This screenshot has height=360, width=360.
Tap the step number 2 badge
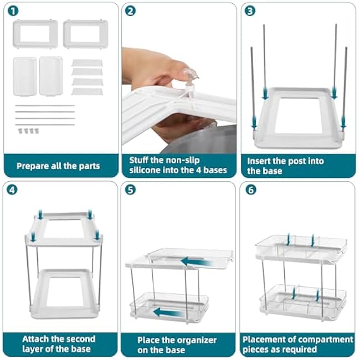[x=130, y=11]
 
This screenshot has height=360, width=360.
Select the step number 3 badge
[x=250, y=11]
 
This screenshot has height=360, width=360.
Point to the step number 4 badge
[x=12, y=189]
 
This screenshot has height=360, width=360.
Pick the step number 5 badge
[x=130, y=189]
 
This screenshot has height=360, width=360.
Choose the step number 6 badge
[x=250, y=189]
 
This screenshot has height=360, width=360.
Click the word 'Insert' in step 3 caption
[x=259, y=161]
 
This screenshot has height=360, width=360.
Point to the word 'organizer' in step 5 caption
[x=184, y=339]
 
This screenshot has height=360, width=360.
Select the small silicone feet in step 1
[x=27, y=131]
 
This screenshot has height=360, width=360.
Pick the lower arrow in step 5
[x=169, y=313]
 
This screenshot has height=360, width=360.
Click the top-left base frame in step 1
[x=35, y=34]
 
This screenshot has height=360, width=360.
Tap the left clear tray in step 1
[x=25, y=76]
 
